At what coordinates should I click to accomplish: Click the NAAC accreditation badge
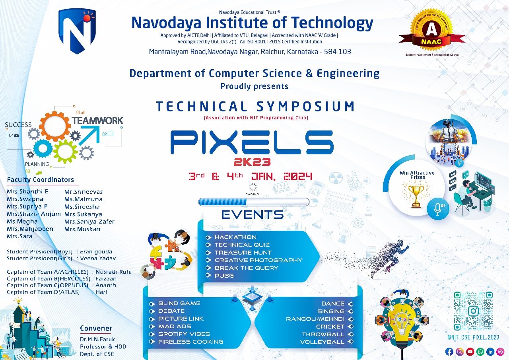(x=432, y=31)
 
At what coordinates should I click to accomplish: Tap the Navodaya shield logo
(x=77, y=31)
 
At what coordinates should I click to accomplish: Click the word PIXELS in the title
(x=252, y=142)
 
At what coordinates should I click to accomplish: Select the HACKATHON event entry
(x=235, y=237)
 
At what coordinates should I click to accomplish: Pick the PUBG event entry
(x=224, y=275)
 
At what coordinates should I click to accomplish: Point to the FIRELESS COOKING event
(x=190, y=342)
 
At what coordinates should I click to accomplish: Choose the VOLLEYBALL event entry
(x=322, y=342)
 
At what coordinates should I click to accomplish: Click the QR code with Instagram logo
(x=473, y=311)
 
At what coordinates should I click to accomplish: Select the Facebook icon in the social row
(x=449, y=352)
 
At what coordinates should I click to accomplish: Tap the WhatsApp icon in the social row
(x=480, y=352)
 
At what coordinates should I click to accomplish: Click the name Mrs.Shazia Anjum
(x=34, y=214)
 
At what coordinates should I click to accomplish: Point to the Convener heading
(x=96, y=329)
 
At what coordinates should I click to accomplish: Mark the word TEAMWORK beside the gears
(x=97, y=121)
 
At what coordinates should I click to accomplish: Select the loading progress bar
(x=254, y=202)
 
